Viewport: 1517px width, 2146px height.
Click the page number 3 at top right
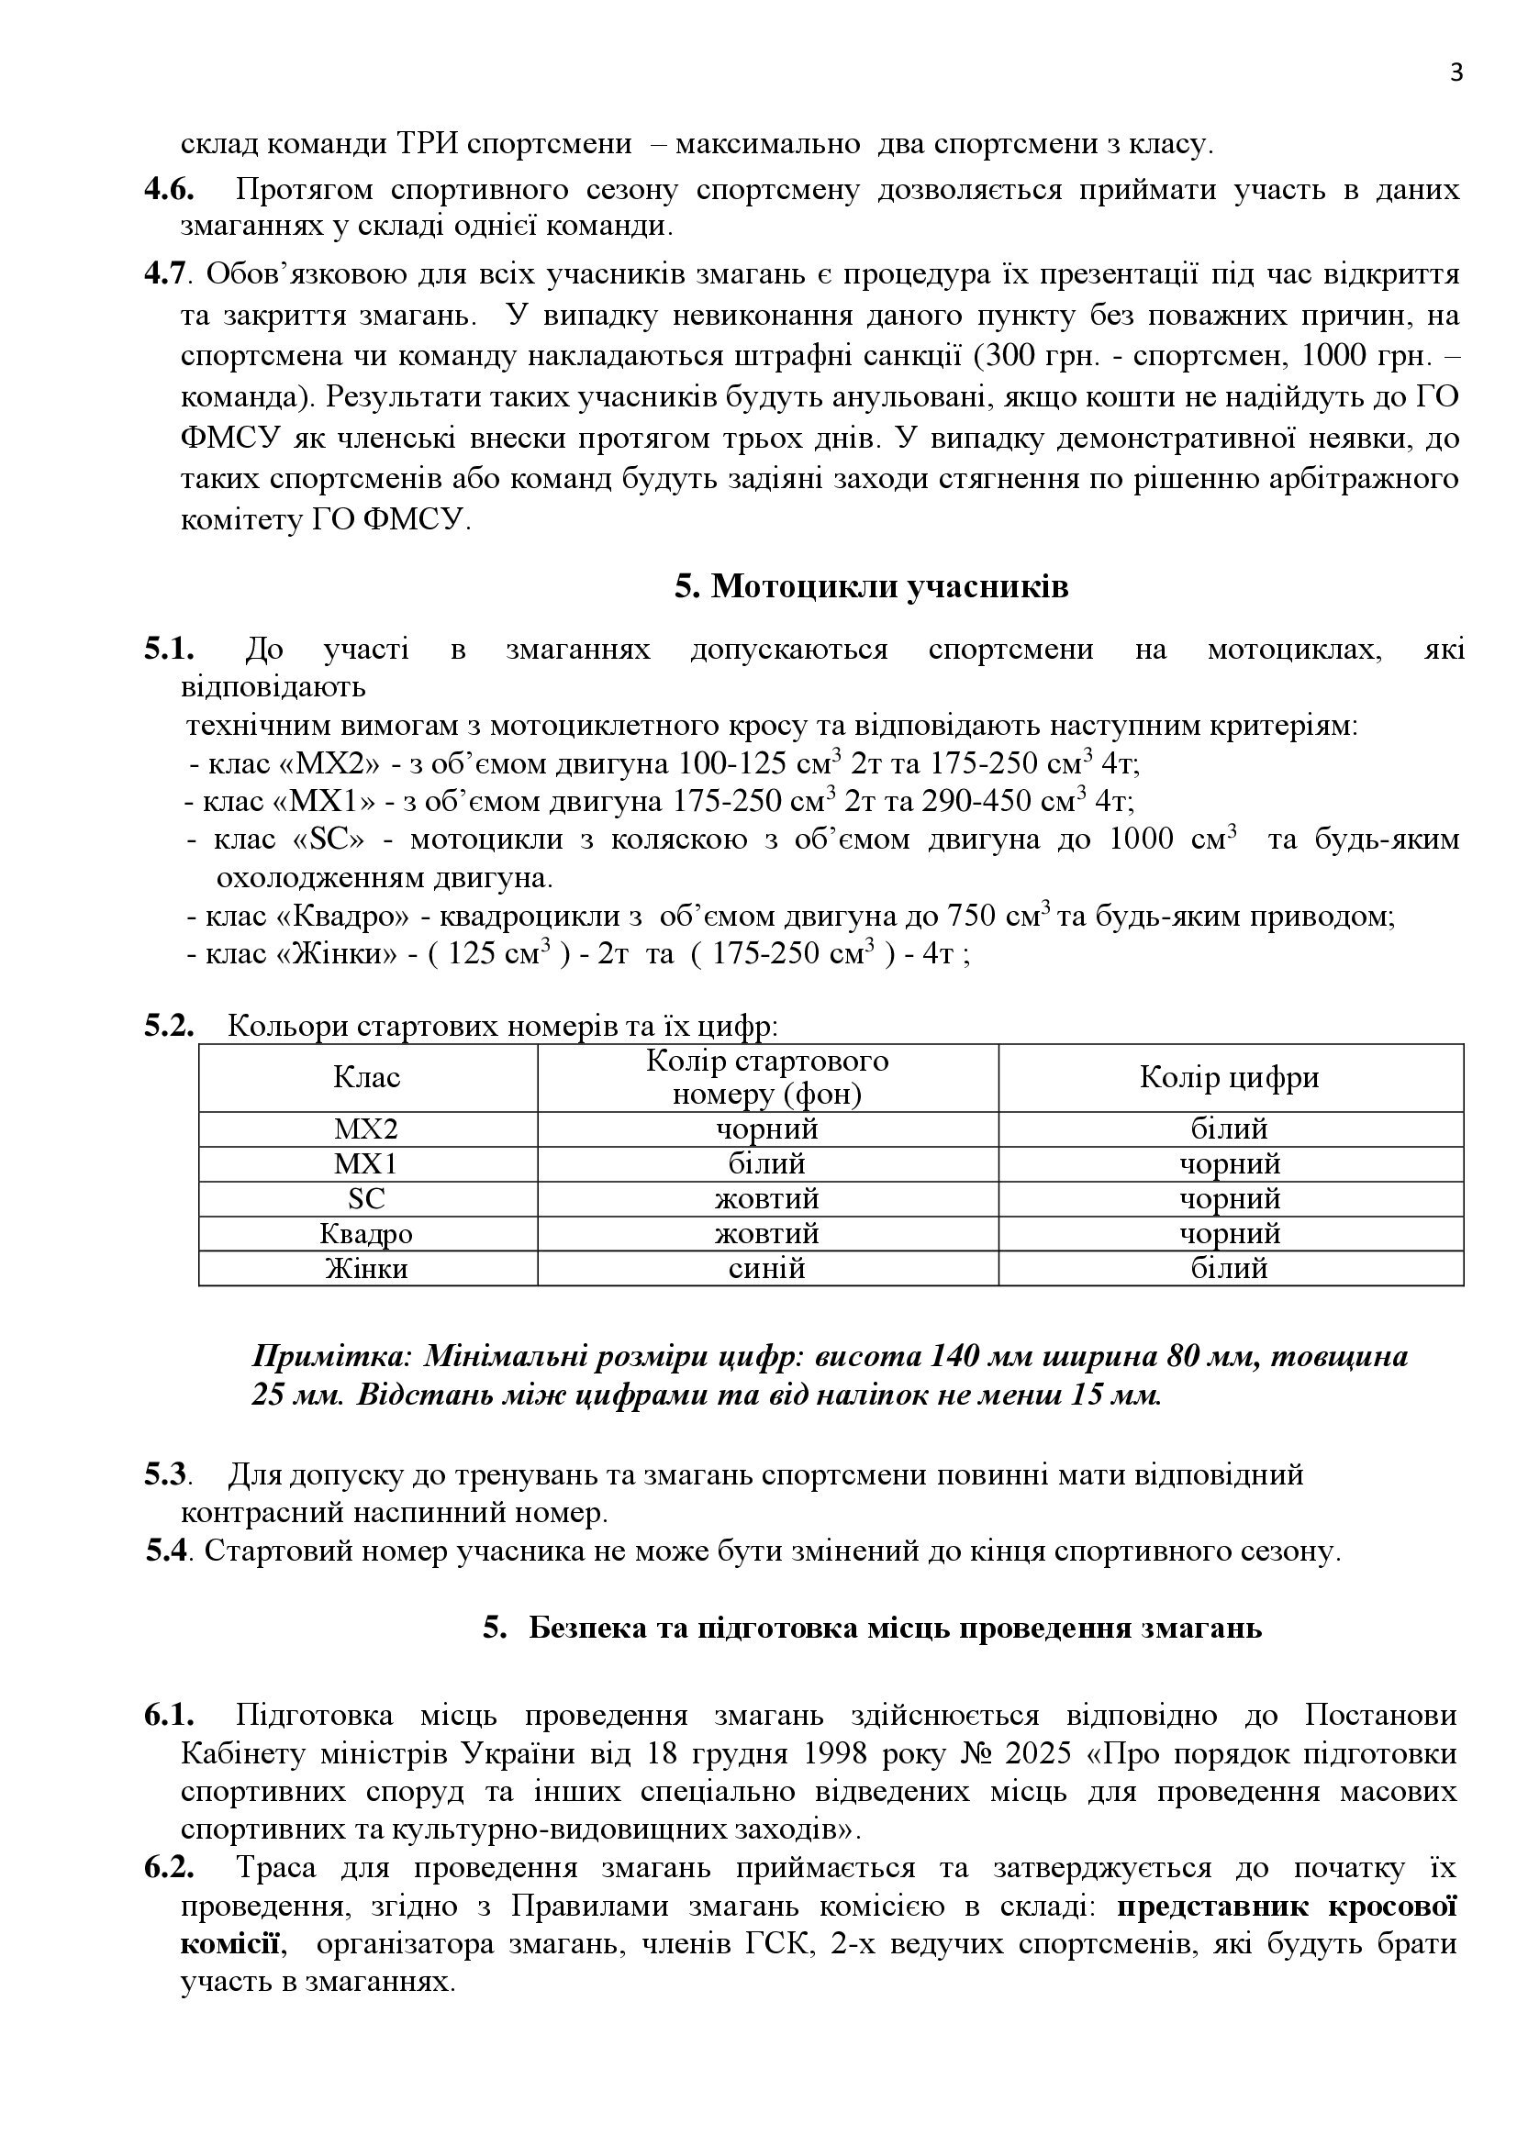coord(1456,73)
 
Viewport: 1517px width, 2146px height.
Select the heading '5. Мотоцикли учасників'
coord(871,587)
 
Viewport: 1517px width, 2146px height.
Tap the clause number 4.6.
coord(168,189)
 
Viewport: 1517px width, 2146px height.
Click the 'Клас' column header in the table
coord(366,1078)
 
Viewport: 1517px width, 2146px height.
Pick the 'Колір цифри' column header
coord(1229,1078)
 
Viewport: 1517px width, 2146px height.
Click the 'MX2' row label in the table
coord(366,1129)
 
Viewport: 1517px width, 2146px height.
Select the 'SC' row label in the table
coord(366,1199)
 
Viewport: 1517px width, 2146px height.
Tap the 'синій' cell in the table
coord(767,1268)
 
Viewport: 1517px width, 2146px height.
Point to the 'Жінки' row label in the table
coord(366,1268)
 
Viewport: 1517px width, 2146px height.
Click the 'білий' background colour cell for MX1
coord(767,1164)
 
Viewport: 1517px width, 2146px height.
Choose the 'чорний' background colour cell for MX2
coord(767,1129)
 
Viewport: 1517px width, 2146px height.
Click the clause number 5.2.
coord(168,1027)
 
